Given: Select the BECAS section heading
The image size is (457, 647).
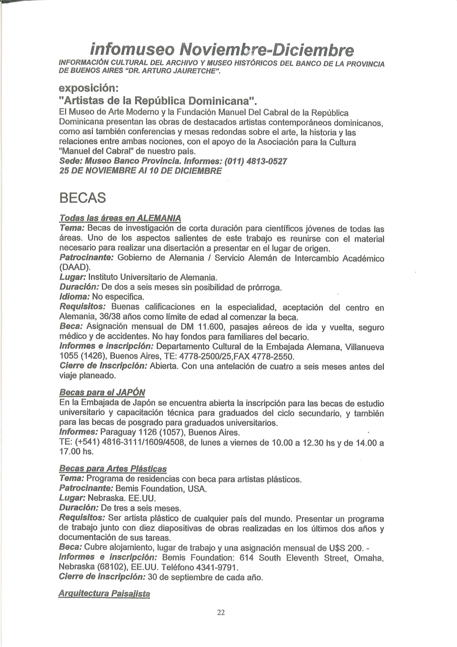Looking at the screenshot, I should (x=83, y=198).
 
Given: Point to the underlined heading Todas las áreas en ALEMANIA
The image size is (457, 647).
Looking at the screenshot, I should (x=120, y=218).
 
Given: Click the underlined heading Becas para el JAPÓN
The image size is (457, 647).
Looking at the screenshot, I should (x=102, y=392).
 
